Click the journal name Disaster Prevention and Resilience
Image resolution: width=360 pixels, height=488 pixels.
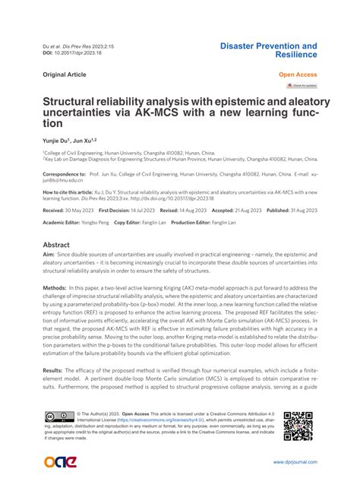point(268,51)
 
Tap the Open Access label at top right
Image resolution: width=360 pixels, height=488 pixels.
point(298,75)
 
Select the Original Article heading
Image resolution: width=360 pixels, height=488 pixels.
point(65,75)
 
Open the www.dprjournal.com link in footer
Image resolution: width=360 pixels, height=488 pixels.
point(294,462)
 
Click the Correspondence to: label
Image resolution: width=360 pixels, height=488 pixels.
point(62,174)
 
